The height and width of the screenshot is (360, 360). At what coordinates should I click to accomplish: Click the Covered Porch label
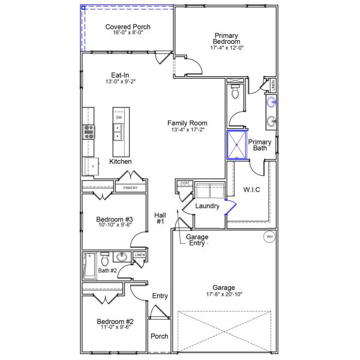[x=128, y=27]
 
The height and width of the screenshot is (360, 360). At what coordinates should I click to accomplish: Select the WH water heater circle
[x=269, y=237]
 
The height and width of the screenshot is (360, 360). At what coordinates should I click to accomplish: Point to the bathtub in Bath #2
[x=90, y=266]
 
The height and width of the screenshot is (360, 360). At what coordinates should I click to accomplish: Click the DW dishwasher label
[x=119, y=117]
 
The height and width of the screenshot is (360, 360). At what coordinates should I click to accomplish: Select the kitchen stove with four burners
[x=89, y=132]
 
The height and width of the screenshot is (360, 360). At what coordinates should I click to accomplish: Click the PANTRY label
[x=130, y=188]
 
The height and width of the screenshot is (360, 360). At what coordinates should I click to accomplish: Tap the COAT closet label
[x=185, y=182]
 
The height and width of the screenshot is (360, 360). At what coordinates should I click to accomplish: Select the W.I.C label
[x=252, y=190]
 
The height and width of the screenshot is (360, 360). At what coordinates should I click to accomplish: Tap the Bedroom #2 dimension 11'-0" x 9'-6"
[x=115, y=329]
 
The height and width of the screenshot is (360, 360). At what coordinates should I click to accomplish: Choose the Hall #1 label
[x=160, y=218]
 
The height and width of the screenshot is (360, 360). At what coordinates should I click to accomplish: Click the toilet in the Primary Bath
[x=235, y=93]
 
